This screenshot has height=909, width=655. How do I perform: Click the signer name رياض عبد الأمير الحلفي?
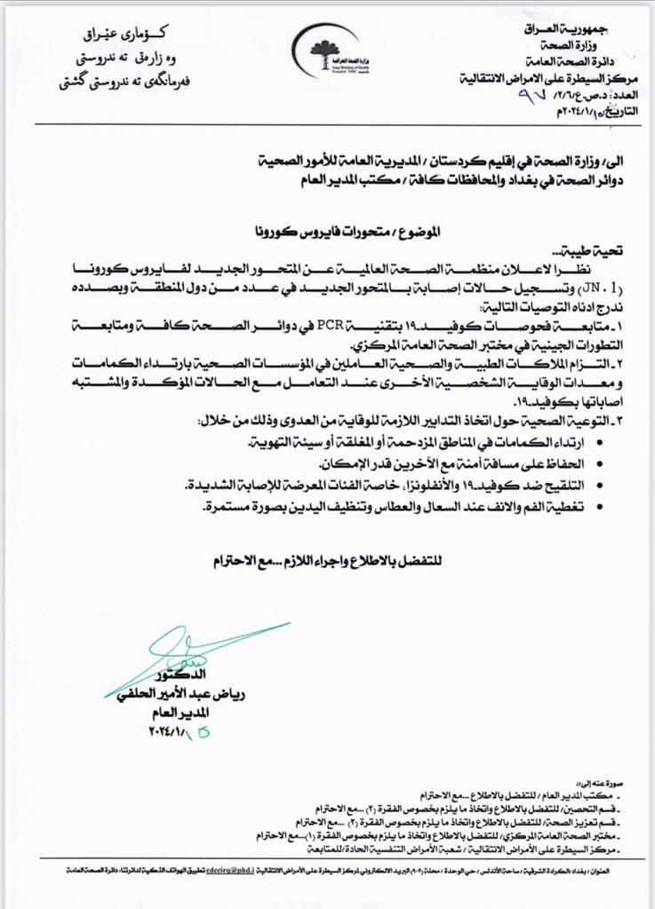[189, 694]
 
